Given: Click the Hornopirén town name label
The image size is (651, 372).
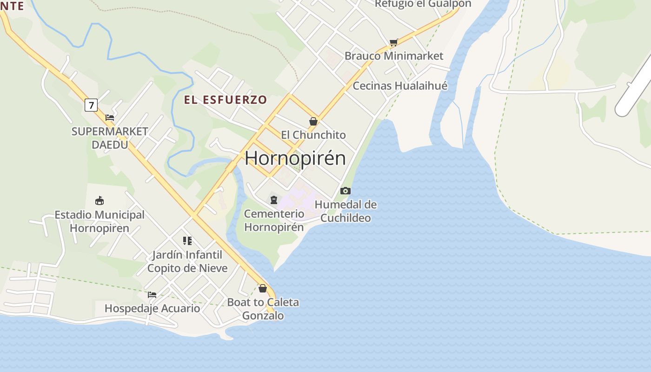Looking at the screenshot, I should click(x=295, y=158).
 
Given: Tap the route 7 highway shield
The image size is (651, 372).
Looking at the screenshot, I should click(x=91, y=105).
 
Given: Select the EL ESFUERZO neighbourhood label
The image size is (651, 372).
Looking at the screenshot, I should click(x=226, y=100).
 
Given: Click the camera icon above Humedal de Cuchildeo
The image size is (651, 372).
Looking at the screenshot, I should click(x=345, y=191).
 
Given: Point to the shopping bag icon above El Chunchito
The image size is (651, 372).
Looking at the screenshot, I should click(x=313, y=121).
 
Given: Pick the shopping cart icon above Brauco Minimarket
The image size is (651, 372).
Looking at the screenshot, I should click(x=393, y=43).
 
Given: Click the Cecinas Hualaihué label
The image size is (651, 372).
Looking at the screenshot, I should click(x=400, y=86).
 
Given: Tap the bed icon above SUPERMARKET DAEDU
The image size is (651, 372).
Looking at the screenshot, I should click(x=110, y=118).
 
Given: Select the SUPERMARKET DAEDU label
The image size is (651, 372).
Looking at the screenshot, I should click(x=110, y=138).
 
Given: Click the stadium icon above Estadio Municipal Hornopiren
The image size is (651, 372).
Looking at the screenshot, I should click(x=100, y=201).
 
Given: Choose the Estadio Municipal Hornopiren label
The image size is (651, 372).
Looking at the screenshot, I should click(x=100, y=221).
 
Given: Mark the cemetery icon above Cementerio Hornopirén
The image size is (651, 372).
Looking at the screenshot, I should click(x=274, y=200).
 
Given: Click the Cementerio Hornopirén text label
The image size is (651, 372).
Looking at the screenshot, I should click(x=274, y=220).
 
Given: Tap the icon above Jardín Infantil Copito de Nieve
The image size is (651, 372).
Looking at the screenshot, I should click(x=187, y=241).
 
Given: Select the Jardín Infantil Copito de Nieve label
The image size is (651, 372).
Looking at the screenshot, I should click(x=187, y=261).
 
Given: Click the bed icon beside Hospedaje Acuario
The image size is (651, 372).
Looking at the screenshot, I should click(x=152, y=295).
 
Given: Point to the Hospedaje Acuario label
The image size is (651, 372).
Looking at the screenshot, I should click(x=152, y=308).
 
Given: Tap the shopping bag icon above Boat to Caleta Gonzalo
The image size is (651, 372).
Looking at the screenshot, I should click(x=263, y=288).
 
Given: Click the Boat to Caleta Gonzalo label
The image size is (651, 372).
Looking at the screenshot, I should click(x=263, y=309).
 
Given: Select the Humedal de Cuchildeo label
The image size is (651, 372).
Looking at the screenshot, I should click(x=345, y=211).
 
